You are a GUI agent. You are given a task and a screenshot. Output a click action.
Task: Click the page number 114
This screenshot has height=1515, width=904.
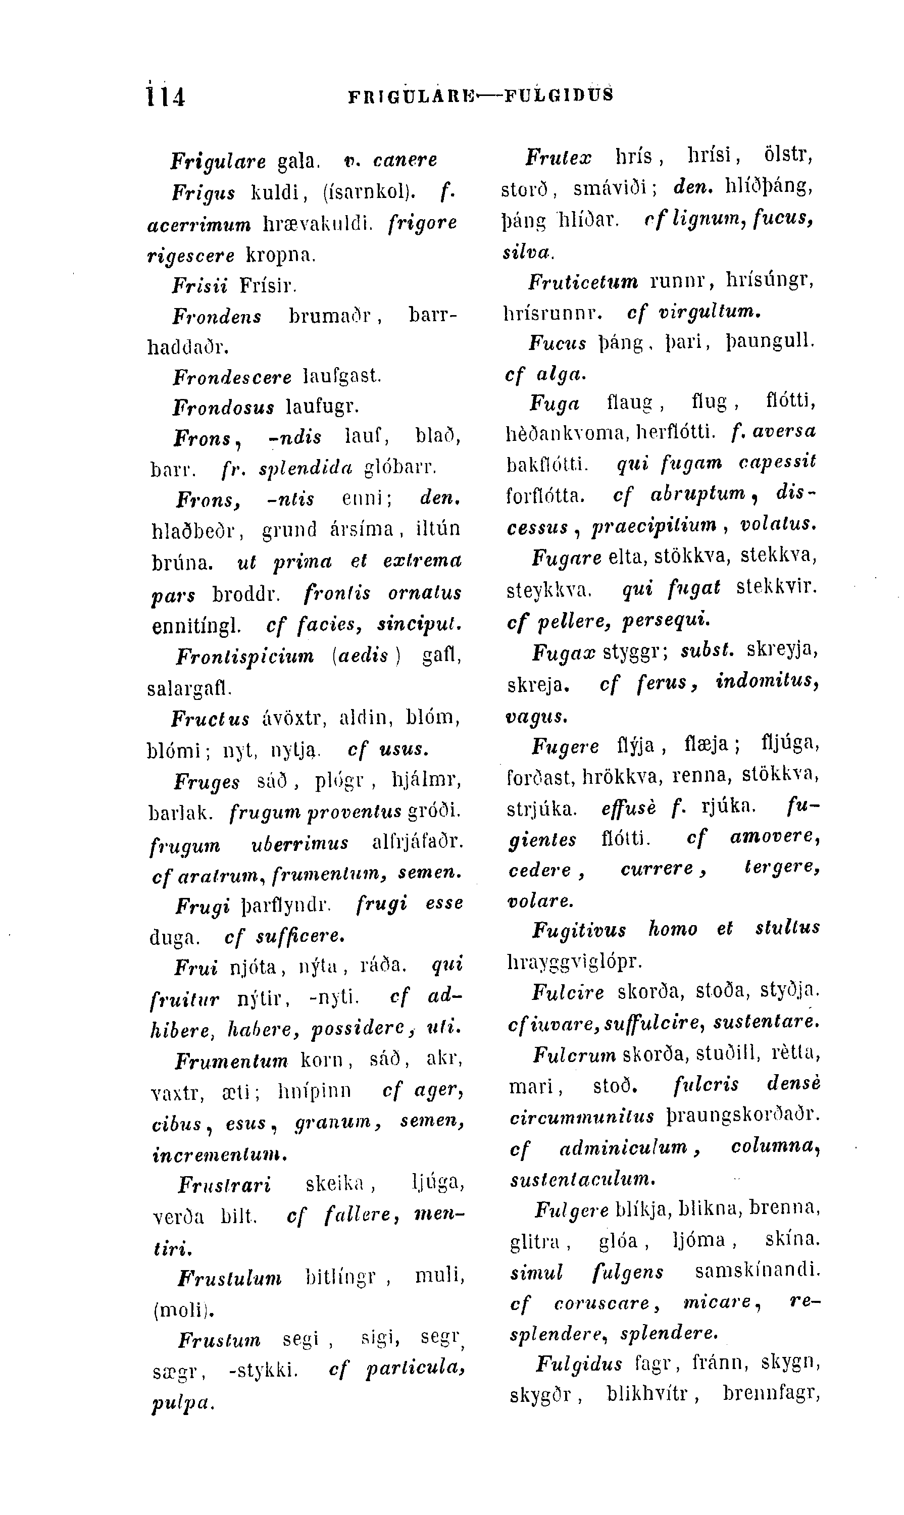tap(166, 96)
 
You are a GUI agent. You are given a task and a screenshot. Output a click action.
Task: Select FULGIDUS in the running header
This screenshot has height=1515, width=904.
tap(559, 95)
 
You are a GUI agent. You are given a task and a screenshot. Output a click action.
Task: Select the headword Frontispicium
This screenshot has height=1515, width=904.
tap(245, 656)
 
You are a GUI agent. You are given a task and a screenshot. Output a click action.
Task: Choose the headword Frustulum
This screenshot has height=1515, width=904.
tap(230, 1278)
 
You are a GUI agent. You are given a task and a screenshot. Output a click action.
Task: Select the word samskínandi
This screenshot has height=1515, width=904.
tap(757, 1271)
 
